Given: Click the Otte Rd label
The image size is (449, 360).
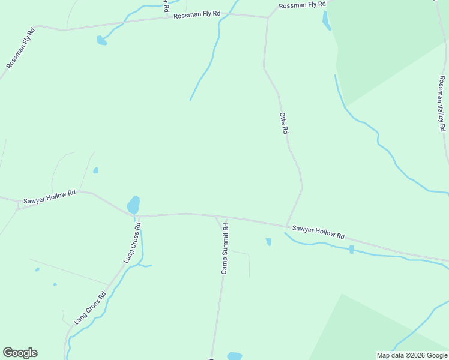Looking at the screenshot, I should point(285,122).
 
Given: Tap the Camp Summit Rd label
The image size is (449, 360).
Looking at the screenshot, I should point(225,249).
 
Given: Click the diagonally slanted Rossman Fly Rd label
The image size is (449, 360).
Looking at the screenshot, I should point(21,47).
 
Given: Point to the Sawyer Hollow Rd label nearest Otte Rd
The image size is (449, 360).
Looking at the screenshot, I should point(318,232).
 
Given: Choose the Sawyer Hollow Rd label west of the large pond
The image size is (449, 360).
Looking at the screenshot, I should point(49,197).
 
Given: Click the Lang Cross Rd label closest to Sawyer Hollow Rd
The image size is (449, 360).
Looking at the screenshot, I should point(132,243).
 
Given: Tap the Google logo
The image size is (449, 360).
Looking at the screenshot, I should point(20,353).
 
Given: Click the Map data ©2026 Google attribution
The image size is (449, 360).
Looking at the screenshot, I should point(412,355).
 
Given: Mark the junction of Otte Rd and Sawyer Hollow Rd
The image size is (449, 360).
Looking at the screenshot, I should point(286,226).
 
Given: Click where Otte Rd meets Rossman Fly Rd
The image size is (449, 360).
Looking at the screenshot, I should point(268,17).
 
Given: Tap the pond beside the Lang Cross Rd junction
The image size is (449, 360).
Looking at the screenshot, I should point(133,205).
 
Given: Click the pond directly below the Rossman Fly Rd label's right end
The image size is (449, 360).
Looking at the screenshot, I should point(326,20).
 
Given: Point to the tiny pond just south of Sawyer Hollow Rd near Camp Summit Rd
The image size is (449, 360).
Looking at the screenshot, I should point(268,242).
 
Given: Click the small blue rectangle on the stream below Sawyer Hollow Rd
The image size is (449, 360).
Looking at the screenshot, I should point(351,249).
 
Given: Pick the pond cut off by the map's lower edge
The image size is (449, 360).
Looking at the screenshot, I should point(235,356).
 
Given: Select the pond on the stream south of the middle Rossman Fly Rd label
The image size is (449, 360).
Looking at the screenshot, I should point(101,41).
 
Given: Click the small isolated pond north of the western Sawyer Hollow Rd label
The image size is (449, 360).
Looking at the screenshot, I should point(96,170).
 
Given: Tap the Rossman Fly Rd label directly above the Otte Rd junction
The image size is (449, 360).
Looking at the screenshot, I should point(301,5).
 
